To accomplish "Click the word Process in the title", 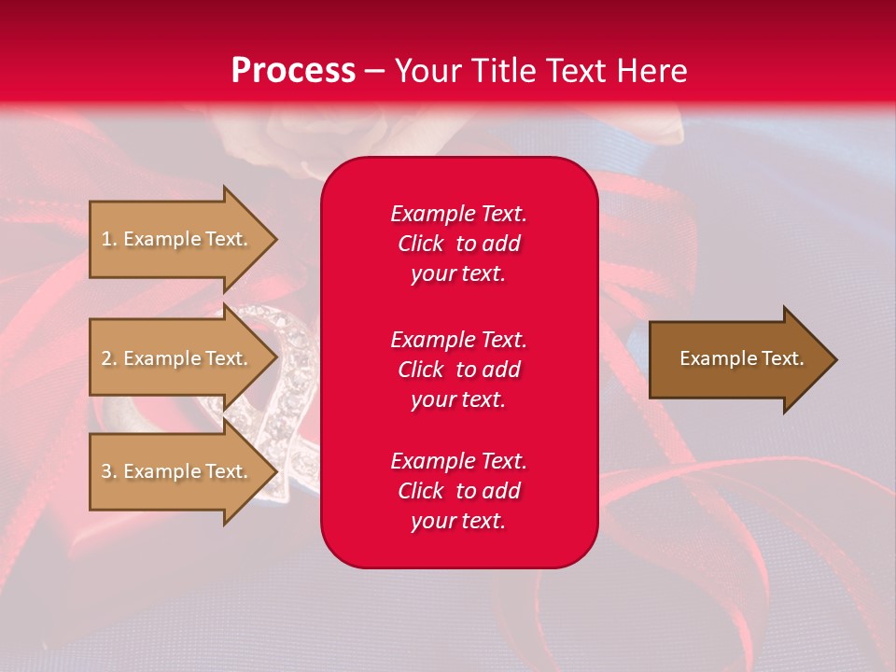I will [293, 71].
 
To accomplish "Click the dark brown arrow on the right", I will [737, 359].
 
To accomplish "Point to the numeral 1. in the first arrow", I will [109, 239].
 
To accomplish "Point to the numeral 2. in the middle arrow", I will [109, 358].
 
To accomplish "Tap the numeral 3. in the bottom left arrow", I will [109, 471].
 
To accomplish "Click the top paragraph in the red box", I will [458, 244].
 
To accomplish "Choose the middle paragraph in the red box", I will [458, 369].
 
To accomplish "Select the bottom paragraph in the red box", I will [458, 491].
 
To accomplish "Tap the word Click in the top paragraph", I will [420, 244].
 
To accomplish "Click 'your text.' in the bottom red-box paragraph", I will [458, 521].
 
